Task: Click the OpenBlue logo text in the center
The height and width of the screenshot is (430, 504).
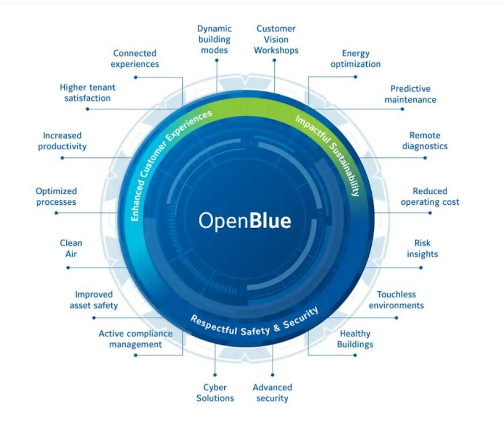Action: click(245, 221)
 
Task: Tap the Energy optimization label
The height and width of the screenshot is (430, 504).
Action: click(355, 59)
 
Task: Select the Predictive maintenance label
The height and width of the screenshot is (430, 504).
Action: click(410, 94)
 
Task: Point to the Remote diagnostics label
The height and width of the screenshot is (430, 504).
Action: click(425, 141)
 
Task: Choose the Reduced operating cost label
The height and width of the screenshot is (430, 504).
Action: click(430, 196)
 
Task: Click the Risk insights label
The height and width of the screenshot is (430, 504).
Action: click(422, 248)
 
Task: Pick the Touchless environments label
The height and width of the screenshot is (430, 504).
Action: click(396, 300)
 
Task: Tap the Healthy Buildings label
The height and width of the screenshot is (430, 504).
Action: click(355, 339)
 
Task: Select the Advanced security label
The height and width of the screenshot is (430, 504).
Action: click(272, 393)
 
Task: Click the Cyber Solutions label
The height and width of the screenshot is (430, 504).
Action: click(215, 393)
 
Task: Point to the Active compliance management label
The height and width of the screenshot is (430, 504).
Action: click(135, 339)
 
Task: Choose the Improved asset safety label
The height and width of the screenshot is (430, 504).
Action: click(94, 300)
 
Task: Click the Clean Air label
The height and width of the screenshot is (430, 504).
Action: click(71, 248)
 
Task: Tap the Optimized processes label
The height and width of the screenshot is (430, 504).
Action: click(56, 196)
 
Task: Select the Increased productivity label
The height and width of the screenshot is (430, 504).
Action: click(62, 141)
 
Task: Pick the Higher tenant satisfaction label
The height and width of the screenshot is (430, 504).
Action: click(87, 93)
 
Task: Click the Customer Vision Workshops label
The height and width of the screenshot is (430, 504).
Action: click(276, 39)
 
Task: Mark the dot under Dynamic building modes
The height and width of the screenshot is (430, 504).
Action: click(217, 60)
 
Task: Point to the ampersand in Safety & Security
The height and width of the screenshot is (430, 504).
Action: click(276, 328)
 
